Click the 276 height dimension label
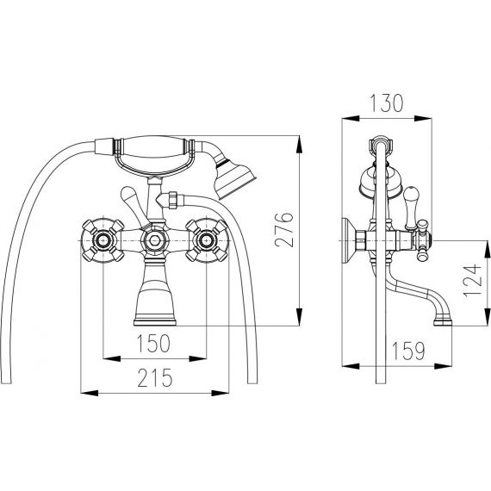click(284, 229)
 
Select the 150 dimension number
click(153, 343)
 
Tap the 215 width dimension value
click(155, 377)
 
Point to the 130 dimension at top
click(387, 103)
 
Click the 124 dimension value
click(472, 281)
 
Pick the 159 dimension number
click(408, 351)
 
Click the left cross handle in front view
click(103, 240)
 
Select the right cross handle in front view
click(207, 240)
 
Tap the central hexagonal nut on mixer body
click(155, 240)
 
